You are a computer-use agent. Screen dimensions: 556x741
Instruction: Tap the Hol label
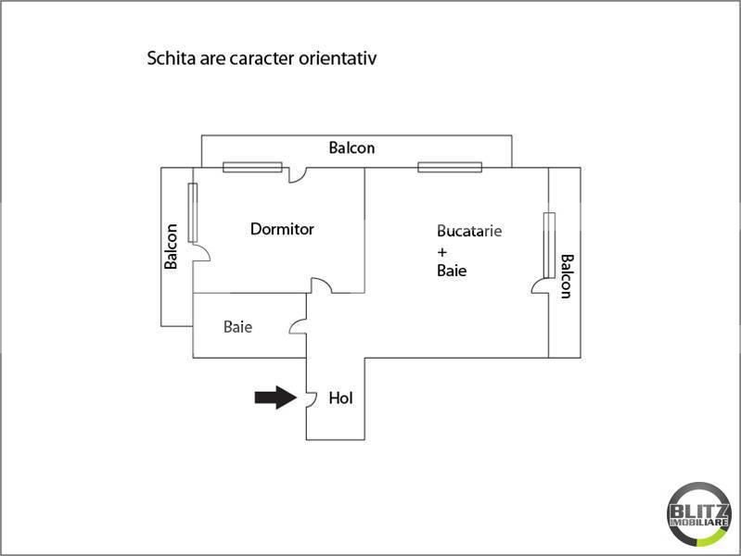341,398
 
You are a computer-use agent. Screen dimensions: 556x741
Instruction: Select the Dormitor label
282,229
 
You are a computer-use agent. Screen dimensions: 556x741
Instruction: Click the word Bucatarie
469,232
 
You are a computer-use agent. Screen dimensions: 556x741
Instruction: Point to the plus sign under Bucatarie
442,251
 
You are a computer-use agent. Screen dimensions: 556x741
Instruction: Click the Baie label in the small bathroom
237,327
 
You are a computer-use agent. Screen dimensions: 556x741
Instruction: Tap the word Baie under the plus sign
452,272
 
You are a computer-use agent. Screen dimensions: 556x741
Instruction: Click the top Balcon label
351,147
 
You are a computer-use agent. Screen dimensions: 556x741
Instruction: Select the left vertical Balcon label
171,247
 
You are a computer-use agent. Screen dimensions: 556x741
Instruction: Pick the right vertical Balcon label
567,275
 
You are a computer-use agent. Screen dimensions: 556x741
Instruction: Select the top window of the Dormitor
252,168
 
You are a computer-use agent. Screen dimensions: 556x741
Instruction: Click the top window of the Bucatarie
450,168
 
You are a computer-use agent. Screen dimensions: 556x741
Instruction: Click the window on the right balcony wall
549,245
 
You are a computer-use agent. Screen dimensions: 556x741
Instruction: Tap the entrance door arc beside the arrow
301,398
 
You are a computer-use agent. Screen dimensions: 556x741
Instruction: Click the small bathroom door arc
299,326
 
